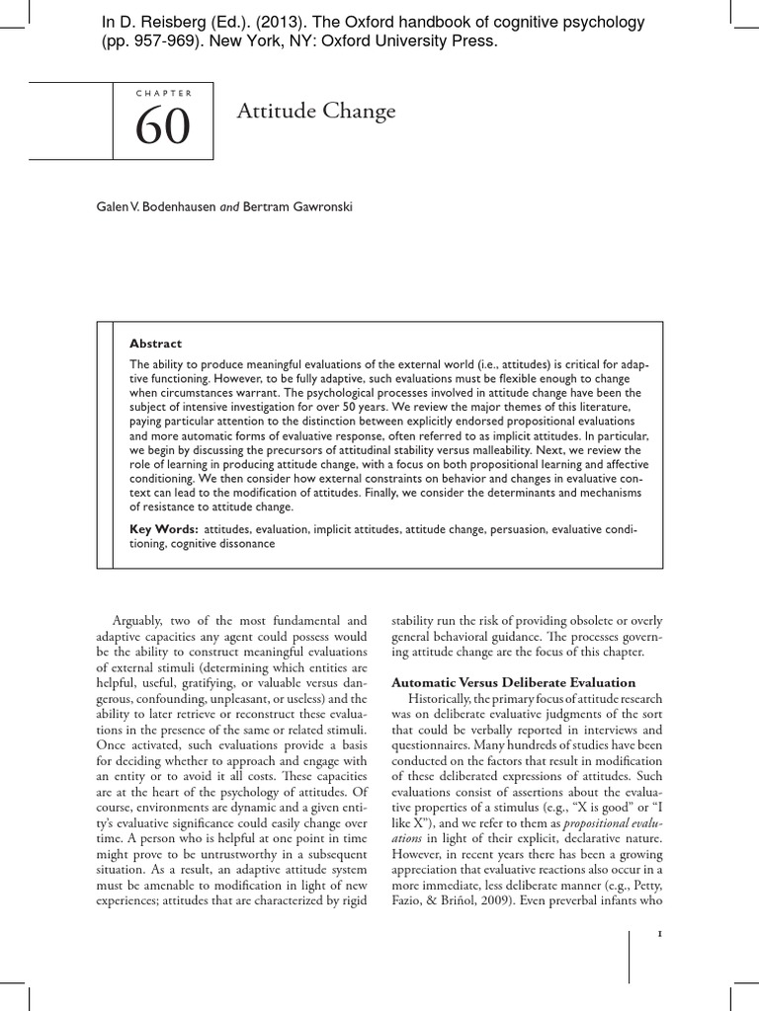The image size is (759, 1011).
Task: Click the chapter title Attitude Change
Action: coord(316,112)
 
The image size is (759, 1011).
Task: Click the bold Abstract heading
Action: coord(156,344)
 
